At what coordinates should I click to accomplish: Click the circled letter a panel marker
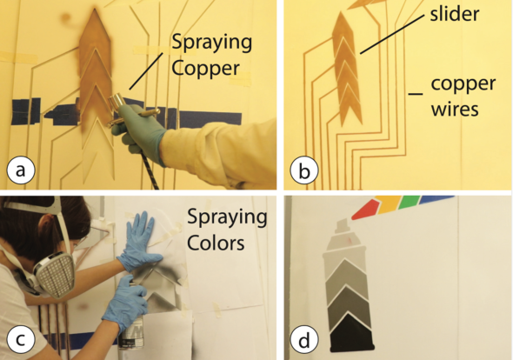coord(21,170)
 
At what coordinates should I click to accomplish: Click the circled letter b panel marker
coord(304,170)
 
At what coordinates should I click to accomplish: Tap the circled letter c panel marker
coord(21,340)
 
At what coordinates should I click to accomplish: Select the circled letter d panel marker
coord(304,340)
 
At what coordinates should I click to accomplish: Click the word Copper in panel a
coord(206,69)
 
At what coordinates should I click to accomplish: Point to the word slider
coord(455,14)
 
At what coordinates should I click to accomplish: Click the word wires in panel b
coord(455,109)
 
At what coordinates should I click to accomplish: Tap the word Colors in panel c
coord(216,243)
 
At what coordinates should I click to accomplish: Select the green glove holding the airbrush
coord(139,131)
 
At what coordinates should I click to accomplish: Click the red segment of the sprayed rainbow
coord(365,210)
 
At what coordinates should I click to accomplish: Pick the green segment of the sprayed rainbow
coord(409,201)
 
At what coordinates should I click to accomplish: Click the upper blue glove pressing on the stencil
coord(141,243)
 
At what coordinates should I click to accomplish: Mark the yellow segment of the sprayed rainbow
coord(388,204)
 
